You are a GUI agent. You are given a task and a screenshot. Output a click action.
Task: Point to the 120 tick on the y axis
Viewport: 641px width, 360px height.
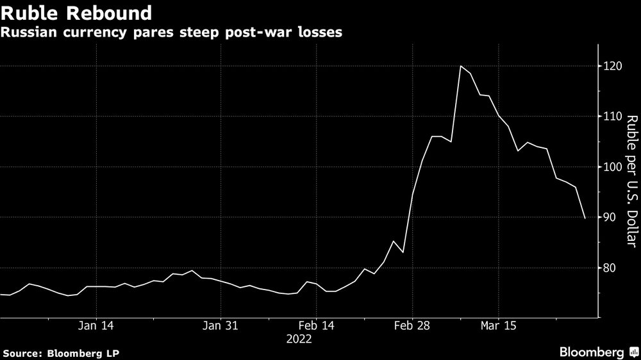(x=611, y=66)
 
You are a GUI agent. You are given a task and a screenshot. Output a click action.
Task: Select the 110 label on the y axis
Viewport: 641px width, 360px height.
(x=611, y=117)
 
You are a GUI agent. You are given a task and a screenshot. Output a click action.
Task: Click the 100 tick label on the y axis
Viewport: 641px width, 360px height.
(x=611, y=167)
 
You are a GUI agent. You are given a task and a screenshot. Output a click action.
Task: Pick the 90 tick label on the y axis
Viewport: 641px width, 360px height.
(x=608, y=218)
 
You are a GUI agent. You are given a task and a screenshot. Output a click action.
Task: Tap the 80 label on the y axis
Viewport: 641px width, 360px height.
(x=608, y=268)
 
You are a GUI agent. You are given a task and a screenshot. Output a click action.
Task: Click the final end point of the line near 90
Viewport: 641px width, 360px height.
(x=585, y=218)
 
